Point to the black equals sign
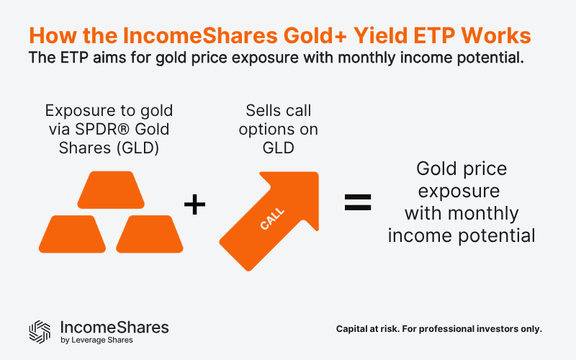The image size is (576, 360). [357, 202]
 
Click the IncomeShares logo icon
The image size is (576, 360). [40, 330]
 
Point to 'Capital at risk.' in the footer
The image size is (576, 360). [369, 329]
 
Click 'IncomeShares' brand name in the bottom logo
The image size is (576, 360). [115, 327]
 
